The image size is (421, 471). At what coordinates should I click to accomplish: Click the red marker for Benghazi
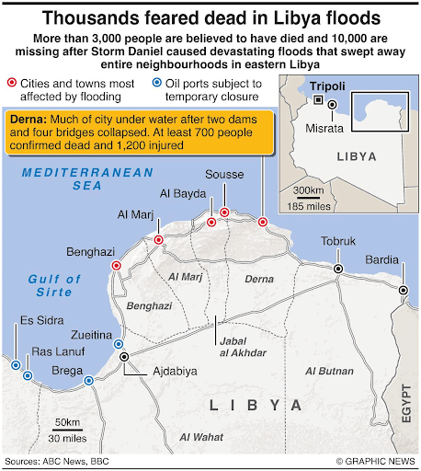[x=116, y=266]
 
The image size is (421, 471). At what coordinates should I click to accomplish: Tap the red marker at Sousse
[x=223, y=213]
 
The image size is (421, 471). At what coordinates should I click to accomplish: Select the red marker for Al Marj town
[x=158, y=240]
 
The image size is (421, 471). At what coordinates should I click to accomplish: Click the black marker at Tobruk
[x=338, y=268]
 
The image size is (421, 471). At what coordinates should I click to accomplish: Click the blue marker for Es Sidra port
[x=16, y=365]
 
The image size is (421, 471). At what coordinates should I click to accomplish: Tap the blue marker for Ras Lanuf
[x=28, y=375]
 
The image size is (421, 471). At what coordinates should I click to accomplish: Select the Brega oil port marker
[x=88, y=380]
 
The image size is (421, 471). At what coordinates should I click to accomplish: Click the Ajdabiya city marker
[x=123, y=355]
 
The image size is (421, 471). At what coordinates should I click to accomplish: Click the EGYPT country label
[x=405, y=406]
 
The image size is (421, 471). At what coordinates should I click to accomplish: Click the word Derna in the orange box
[x=28, y=121]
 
